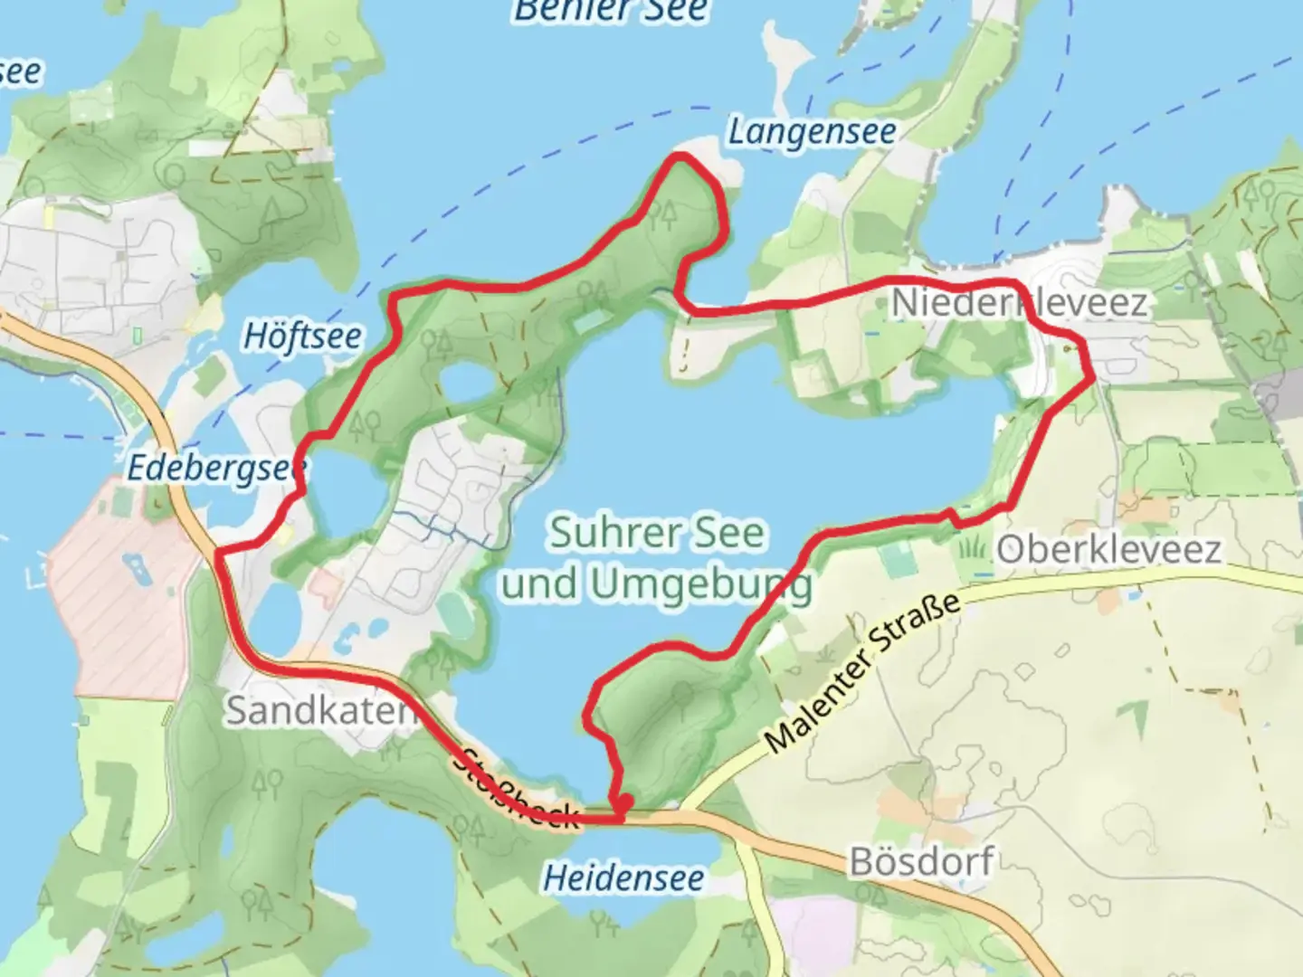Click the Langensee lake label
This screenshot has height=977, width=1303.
tap(812, 133)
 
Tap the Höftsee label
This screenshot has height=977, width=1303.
tap(302, 337)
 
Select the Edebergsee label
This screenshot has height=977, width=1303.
tap(216, 469)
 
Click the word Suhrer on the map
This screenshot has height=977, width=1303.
tap(601, 533)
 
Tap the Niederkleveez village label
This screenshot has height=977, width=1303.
tap(1019, 303)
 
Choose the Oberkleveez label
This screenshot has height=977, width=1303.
tap(1108, 549)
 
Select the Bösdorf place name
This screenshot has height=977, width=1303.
tap(921, 861)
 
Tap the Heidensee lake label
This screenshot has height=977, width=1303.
tap(623, 877)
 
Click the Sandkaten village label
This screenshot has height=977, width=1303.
tap(319, 710)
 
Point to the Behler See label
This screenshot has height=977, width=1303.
tap(611, 11)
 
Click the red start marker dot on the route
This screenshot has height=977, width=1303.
tap(623, 802)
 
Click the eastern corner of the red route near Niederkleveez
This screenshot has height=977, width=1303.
tap(1092, 375)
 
